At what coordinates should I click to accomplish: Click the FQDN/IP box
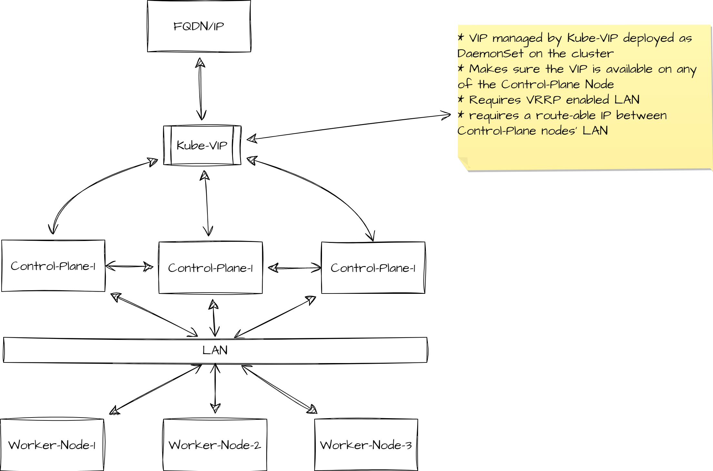[x=199, y=26]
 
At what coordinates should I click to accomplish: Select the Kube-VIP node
[x=202, y=145]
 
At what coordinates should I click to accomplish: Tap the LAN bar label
[x=215, y=350]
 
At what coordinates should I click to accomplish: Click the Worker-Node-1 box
[x=52, y=445]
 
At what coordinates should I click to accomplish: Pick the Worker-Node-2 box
[x=215, y=445]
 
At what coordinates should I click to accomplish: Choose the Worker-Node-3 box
[x=366, y=445]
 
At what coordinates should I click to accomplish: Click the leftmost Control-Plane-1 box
[x=53, y=266]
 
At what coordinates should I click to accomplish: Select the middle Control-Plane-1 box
[x=210, y=268]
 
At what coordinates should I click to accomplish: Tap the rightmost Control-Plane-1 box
[x=373, y=268]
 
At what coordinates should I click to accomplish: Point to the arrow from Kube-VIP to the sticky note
[x=348, y=127]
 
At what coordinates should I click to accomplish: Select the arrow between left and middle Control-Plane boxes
[x=129, y=266]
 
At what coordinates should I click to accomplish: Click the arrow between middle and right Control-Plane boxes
[x=294, y=268]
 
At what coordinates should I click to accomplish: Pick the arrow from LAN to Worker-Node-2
[x=215, y=388]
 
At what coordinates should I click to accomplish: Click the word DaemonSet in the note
[x=490, y=53]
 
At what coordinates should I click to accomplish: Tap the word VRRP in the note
[x=543, y=100]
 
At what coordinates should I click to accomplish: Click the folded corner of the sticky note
[x=464, y=163]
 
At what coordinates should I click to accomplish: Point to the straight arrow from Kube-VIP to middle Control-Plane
[x=207, y=203]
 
